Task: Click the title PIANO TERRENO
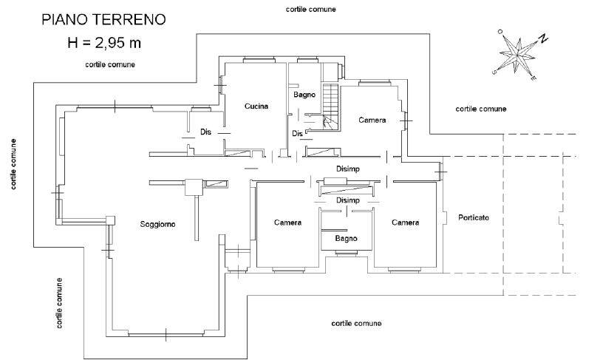point(103,19)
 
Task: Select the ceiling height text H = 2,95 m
point(104,43)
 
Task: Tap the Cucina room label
point(256,106)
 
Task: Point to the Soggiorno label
point(157,225)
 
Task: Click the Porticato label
point(474,217)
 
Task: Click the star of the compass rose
point(517,55)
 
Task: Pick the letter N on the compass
point(543,38)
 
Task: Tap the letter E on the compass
point(533,78)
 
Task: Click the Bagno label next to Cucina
point(304,95)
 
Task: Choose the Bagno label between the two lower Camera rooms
point(347,239)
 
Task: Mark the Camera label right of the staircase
point(372,120)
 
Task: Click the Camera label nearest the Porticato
point(405,223)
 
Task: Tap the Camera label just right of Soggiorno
point(287,223)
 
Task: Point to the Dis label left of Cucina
point(206,132)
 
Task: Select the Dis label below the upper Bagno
point(297,133)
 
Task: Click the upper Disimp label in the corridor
point(348,169)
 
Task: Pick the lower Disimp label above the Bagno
point(348,200)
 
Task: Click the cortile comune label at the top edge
point(310,9)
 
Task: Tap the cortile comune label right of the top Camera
point(481,109)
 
